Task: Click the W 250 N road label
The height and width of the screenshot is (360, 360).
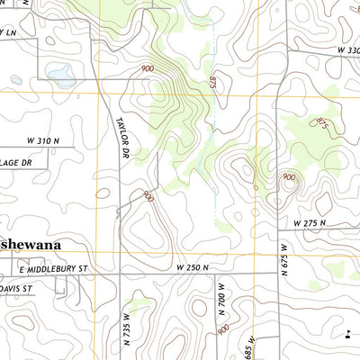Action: pyautogui.click(x=192, y=268)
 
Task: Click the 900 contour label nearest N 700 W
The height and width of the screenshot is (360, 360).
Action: pyautogui.click(x=221, y=330)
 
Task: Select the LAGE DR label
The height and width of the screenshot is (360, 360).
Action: pyautogui.click(x=15, y=162)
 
